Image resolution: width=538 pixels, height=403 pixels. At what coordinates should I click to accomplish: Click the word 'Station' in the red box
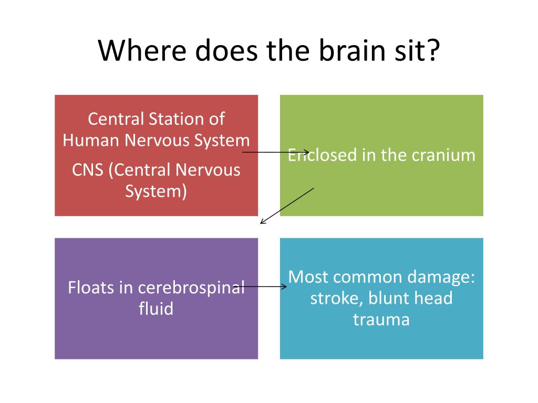(x=176, y=119)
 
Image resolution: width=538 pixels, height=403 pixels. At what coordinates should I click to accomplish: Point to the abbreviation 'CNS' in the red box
(x=88, y=169)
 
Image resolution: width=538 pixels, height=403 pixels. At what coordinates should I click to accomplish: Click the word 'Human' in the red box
(x=91, y=140)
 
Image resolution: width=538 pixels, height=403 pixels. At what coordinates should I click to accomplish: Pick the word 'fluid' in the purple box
(x=156, y=309)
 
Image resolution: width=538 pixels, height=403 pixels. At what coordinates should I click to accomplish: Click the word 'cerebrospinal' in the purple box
(x=191, y=288)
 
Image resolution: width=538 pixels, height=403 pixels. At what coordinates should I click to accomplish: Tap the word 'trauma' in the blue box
(x=381, y=320)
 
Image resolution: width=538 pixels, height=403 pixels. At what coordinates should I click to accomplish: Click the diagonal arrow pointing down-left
(x=287, y=206)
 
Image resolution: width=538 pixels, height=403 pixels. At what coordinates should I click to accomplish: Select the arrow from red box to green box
(x=275, y=152)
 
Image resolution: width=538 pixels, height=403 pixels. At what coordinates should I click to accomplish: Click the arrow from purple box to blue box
(x=260, y=287)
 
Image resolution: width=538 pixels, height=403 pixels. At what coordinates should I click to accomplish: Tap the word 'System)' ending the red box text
(x=156, y=191)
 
